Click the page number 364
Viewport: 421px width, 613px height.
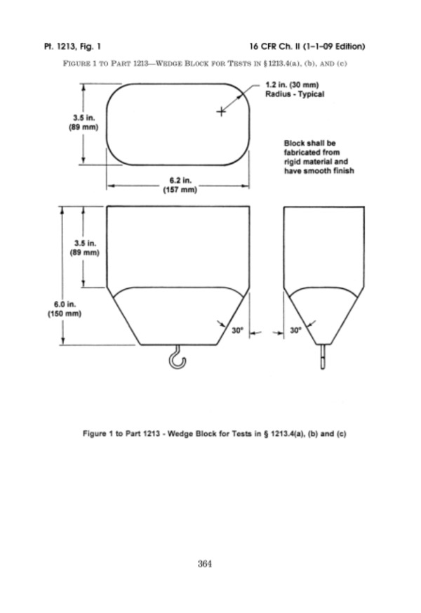pos(205,563)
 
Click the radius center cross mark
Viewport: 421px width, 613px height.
pos(221,112)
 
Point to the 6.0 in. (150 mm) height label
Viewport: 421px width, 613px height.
pos(65,309)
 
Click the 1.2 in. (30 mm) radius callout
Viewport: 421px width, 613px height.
pos(292,85)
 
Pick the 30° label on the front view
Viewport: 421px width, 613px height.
pos(237,330)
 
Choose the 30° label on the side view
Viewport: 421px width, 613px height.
pos(296,330)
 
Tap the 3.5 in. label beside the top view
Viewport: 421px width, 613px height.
pos(84,122)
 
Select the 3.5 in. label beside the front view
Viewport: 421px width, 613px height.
pos(85,248)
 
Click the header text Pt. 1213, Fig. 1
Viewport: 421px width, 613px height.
pos(72,46)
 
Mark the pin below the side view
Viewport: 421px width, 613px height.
pos(322,356)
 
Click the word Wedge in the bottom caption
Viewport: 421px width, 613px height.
pos(180,434)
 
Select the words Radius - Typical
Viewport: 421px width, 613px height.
pos(295,94)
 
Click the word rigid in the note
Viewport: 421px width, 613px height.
pos(292,162)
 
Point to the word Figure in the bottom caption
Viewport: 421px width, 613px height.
pos(94,434)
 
